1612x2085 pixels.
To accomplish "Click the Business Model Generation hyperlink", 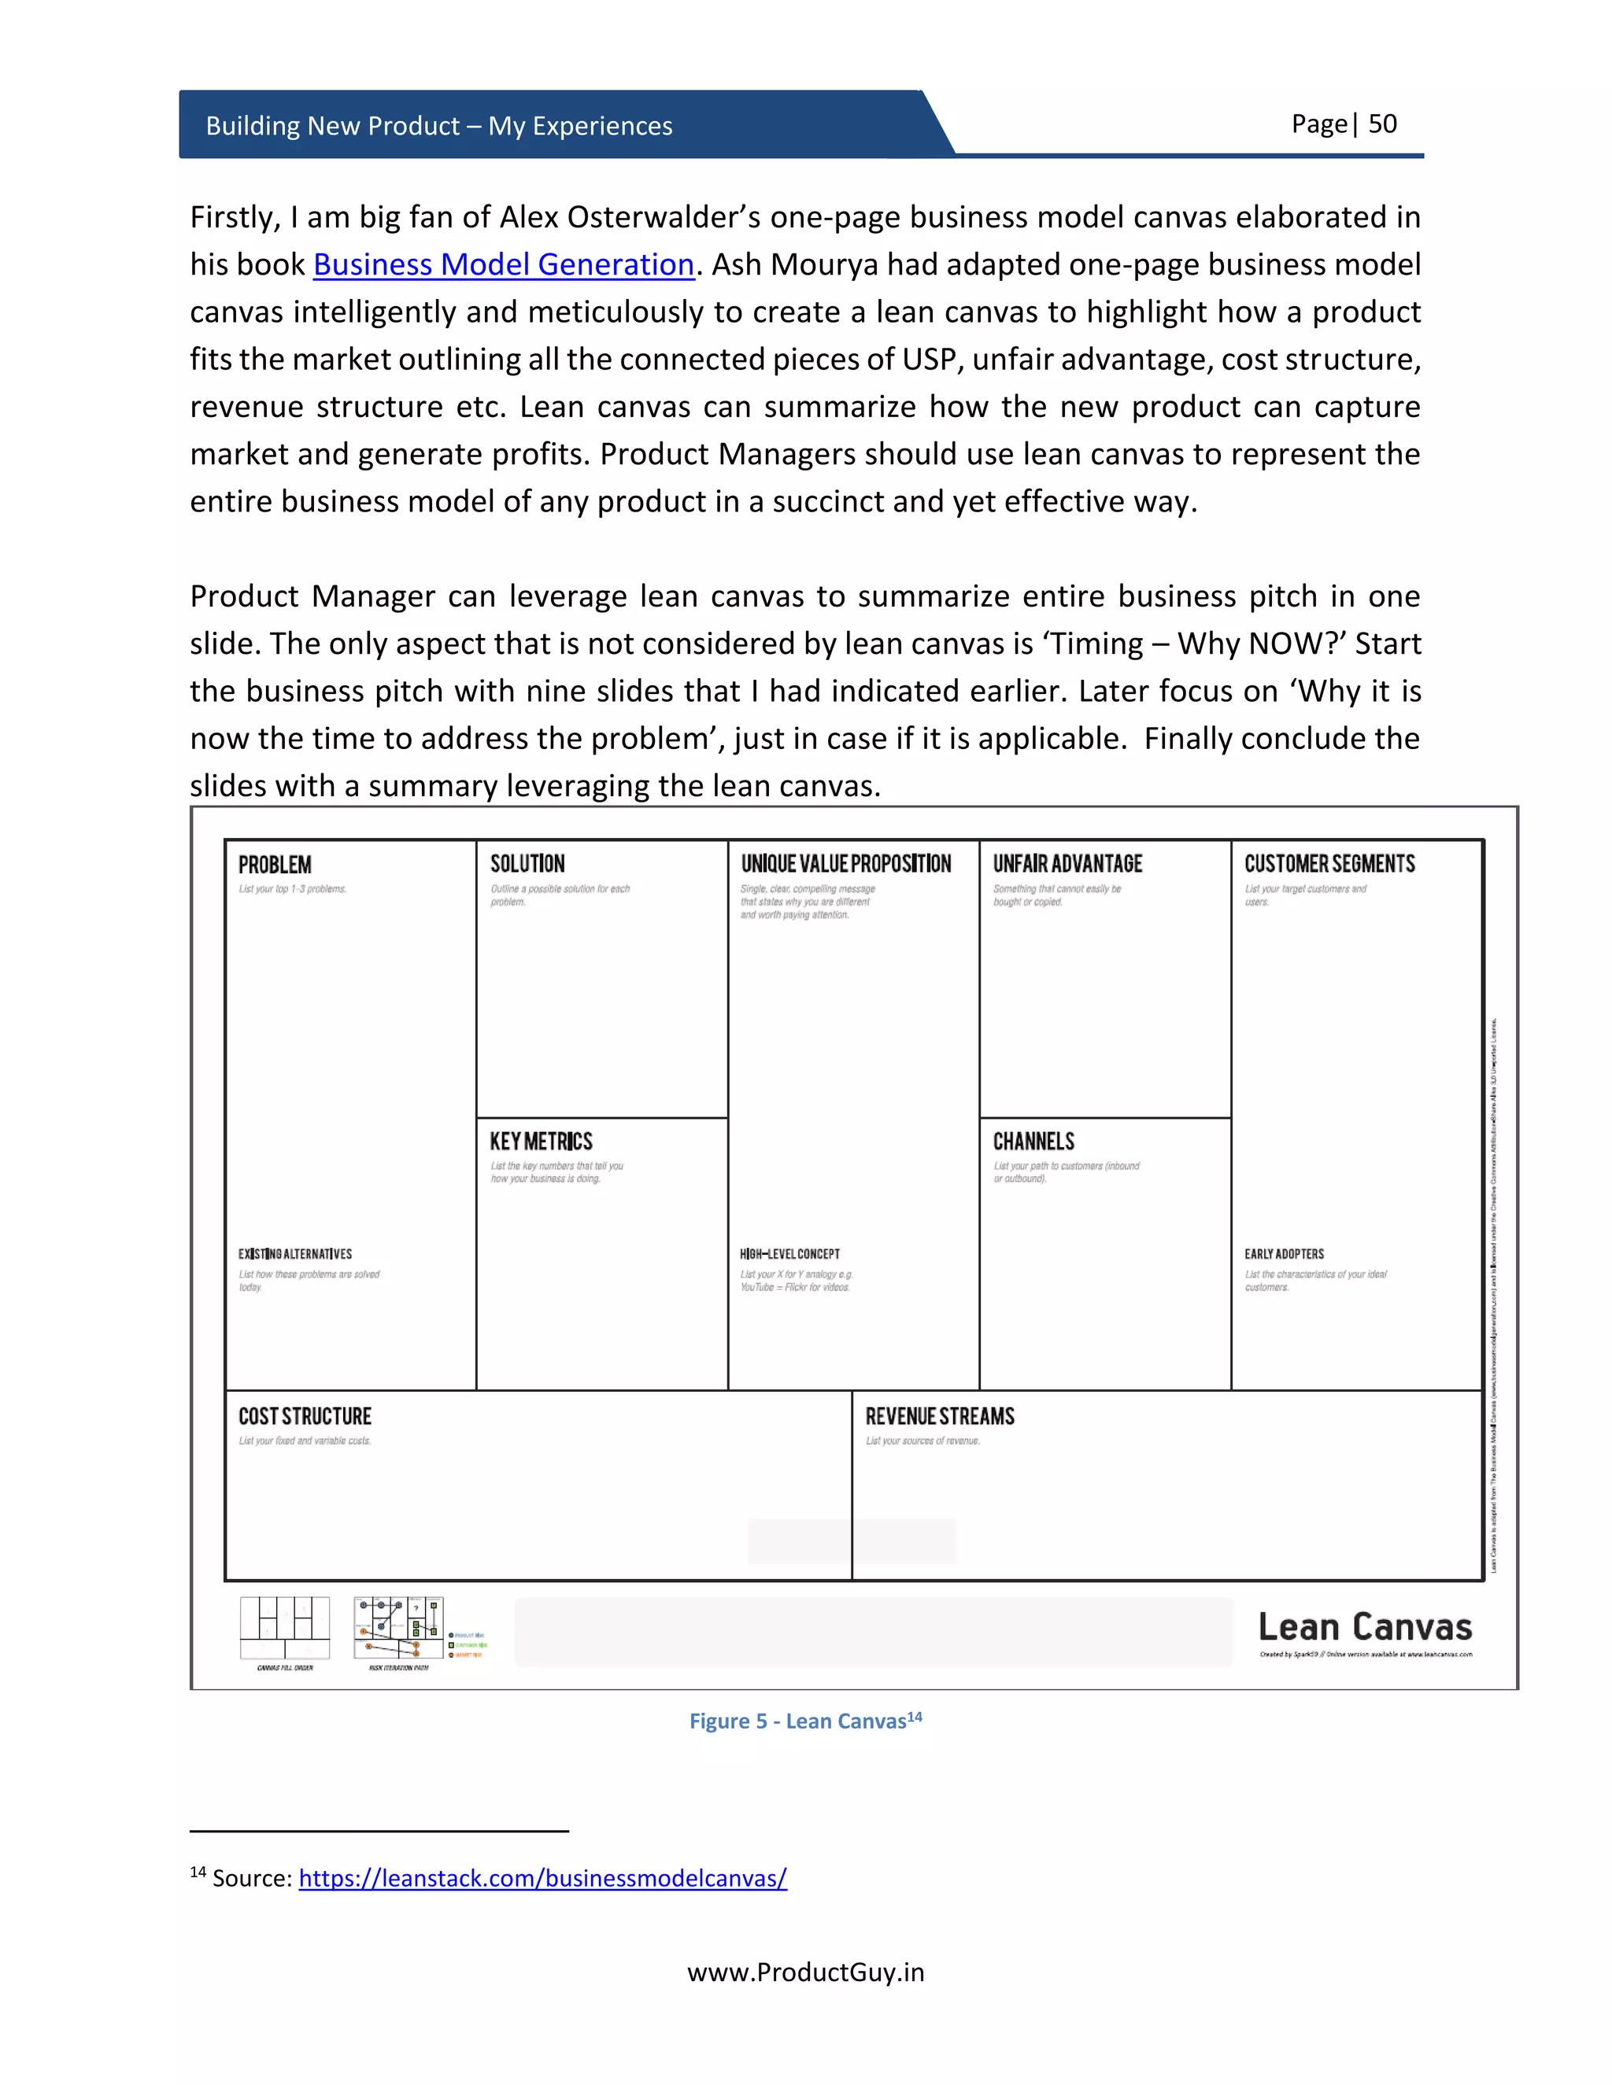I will (503, 264).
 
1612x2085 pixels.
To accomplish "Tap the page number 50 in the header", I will (1382, 124).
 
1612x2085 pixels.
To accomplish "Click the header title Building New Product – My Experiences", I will (438, 126).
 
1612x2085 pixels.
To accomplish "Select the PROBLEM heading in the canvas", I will (275, 865).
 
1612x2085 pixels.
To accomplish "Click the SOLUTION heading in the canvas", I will (527, 864).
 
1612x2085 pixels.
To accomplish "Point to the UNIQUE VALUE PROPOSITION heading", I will (846, 864).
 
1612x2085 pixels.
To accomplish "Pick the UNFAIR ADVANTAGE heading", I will (1067, 864).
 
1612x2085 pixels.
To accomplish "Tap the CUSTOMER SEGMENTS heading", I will (1329, 864).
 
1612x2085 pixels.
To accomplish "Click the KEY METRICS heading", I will (541, 1142).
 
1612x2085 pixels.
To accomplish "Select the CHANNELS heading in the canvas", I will (1033, 1142).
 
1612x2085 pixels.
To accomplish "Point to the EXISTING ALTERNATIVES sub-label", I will (295, 1254).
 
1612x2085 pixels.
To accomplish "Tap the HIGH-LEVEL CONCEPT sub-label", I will (789, 1254).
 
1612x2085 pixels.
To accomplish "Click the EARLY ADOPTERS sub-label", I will (1284, 1254).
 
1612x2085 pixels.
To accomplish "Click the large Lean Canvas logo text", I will (1365, 1627).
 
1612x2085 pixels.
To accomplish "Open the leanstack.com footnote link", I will (542, 1879).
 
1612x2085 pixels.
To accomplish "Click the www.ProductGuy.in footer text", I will (805, 1972).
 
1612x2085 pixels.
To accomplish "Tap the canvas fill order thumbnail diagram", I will (285, 1629).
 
